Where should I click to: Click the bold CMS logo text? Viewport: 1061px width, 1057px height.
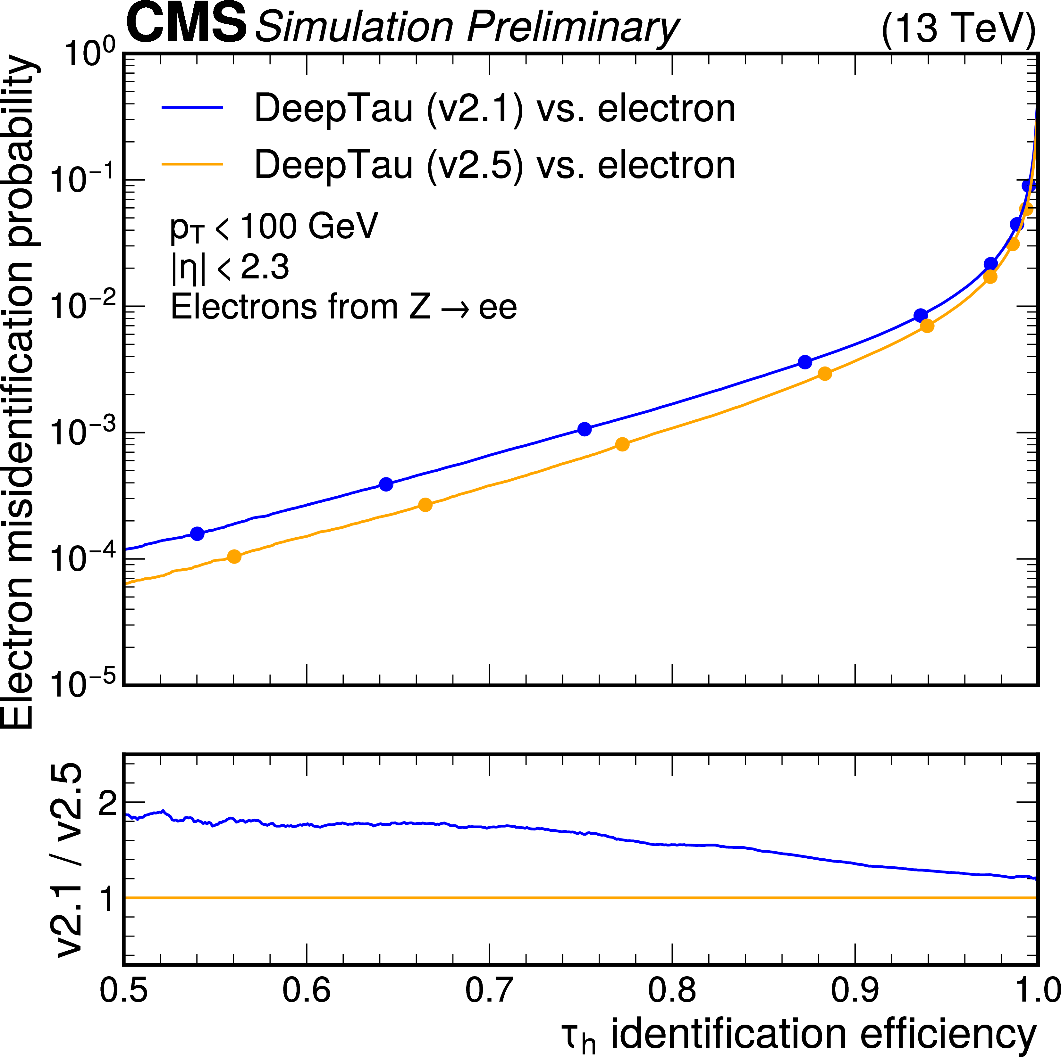(186, 23)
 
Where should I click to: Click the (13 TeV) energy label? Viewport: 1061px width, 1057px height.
(958, 29)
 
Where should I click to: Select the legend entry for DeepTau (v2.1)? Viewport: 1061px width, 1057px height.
(494, 108)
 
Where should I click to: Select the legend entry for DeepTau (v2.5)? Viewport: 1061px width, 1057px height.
(494, 165)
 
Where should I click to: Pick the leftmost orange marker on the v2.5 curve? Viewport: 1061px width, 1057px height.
(234, 557)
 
